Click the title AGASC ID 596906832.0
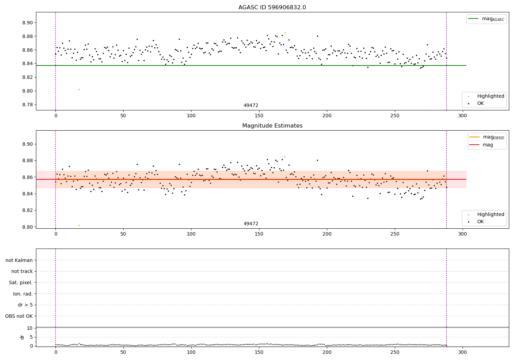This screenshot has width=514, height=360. tap(272, 8)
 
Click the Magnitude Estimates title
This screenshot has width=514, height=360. tap(272, 126)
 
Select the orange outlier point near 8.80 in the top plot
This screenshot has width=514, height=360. tap(79, 89)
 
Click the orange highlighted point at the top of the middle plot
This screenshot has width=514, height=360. tap(285, 156)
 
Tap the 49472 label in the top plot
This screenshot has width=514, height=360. tap(251, 106)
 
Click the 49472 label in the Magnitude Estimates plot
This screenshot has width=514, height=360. tap(251, 224)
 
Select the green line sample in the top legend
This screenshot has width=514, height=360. tap(473, 19)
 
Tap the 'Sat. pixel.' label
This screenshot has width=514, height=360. tap(21, 283)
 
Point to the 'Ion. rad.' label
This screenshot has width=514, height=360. tap(23, 294)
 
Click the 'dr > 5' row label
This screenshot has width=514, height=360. tap(25, 305)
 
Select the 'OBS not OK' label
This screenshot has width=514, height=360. tap(19, 316)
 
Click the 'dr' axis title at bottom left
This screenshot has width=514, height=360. tap(22, 337)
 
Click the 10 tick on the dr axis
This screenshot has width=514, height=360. tap(30, 328)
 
